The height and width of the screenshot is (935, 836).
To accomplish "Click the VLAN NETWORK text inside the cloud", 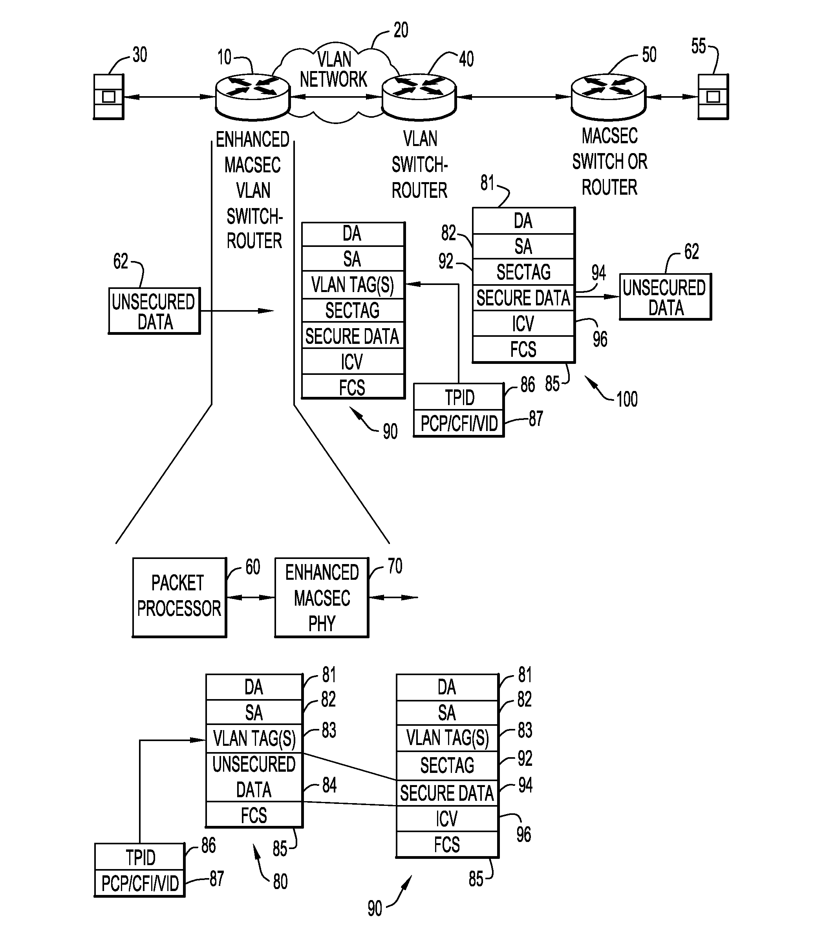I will [x=333, y=69].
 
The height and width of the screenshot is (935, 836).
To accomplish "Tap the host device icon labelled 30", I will [x=108, y=97].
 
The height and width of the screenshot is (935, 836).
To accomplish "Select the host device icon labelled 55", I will [x=712, y=97].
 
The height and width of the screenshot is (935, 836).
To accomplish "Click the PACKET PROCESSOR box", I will [x=179, y=597].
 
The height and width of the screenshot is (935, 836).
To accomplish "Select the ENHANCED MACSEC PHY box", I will [x=322, y=597].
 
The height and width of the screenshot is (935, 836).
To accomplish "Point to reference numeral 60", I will [x=252, y=567].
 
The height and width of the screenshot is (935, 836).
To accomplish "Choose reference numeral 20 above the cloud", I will [x=401, y=30].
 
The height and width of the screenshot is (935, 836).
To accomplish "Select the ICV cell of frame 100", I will [x=523, y=323].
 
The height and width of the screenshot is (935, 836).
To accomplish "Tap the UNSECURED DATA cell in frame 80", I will [x=254, y=777].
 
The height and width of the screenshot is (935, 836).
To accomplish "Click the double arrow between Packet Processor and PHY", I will [x=251, y=597].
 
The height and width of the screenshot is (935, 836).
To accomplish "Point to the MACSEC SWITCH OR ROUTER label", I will [x=609, y=162].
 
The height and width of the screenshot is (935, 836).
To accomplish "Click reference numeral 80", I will [x=280, y=881].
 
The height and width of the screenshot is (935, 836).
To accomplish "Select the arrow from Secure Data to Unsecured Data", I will [x=597, y=297].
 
